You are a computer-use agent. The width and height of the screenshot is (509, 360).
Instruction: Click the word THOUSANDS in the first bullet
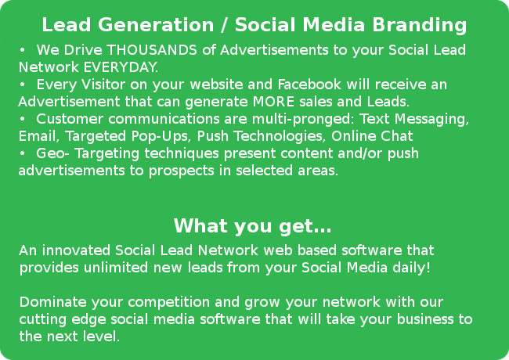coord(152,50)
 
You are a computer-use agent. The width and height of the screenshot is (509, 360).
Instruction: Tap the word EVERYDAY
coord(121,67)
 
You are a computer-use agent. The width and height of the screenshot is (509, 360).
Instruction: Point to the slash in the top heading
coord(224,25)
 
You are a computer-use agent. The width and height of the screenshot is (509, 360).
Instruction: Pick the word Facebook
coord(309,85)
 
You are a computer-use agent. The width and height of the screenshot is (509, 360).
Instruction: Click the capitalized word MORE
coord(273,102)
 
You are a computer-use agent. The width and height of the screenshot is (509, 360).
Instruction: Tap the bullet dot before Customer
coord(22,119)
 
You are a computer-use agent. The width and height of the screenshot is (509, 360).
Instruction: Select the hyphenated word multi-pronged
coord(303,120)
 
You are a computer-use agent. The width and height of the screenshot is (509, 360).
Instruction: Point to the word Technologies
coord(280,136)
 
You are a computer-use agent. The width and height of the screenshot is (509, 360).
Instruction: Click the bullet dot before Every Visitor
coord(22,85)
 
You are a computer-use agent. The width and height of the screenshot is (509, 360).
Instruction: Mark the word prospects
coord(181,171)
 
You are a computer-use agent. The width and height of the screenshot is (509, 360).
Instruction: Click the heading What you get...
coord(253,226)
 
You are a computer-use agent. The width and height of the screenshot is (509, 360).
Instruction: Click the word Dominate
coord(53,302)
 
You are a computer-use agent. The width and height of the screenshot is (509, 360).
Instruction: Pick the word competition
coord(169,303)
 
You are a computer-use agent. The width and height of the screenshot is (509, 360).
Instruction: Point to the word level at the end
coord(101,337)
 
